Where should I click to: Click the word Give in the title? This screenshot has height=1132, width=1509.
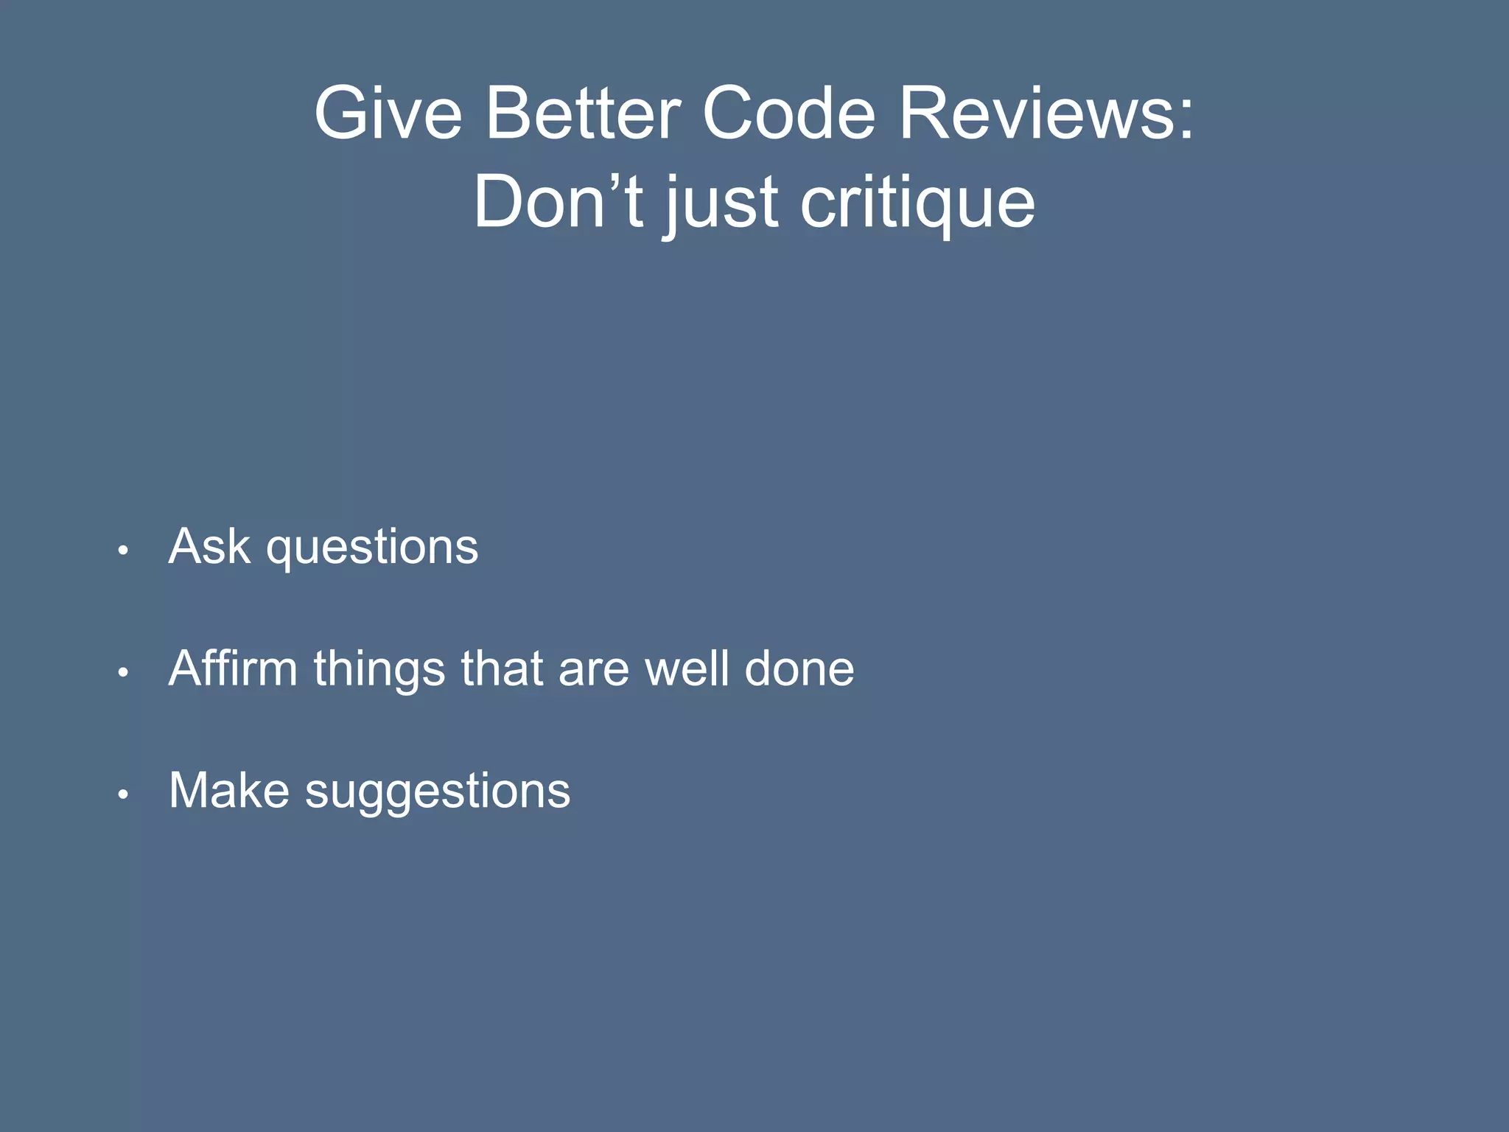[x=388, y=113]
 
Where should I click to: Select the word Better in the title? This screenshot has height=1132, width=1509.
[x=583, y=113]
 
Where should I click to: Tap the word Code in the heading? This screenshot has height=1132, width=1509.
[x=788, y=113]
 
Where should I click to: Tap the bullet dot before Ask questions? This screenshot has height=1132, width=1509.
[x=124, y=550]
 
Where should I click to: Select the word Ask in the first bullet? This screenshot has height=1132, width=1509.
[x=209, y=547]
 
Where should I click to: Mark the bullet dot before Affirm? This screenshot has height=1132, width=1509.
[x=124, y=671]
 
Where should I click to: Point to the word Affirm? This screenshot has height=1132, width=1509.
[x=233, y=668]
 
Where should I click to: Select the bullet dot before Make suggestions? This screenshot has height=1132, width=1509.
[x=124, y=794]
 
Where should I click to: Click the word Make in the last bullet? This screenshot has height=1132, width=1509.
[x=229, y=791]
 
